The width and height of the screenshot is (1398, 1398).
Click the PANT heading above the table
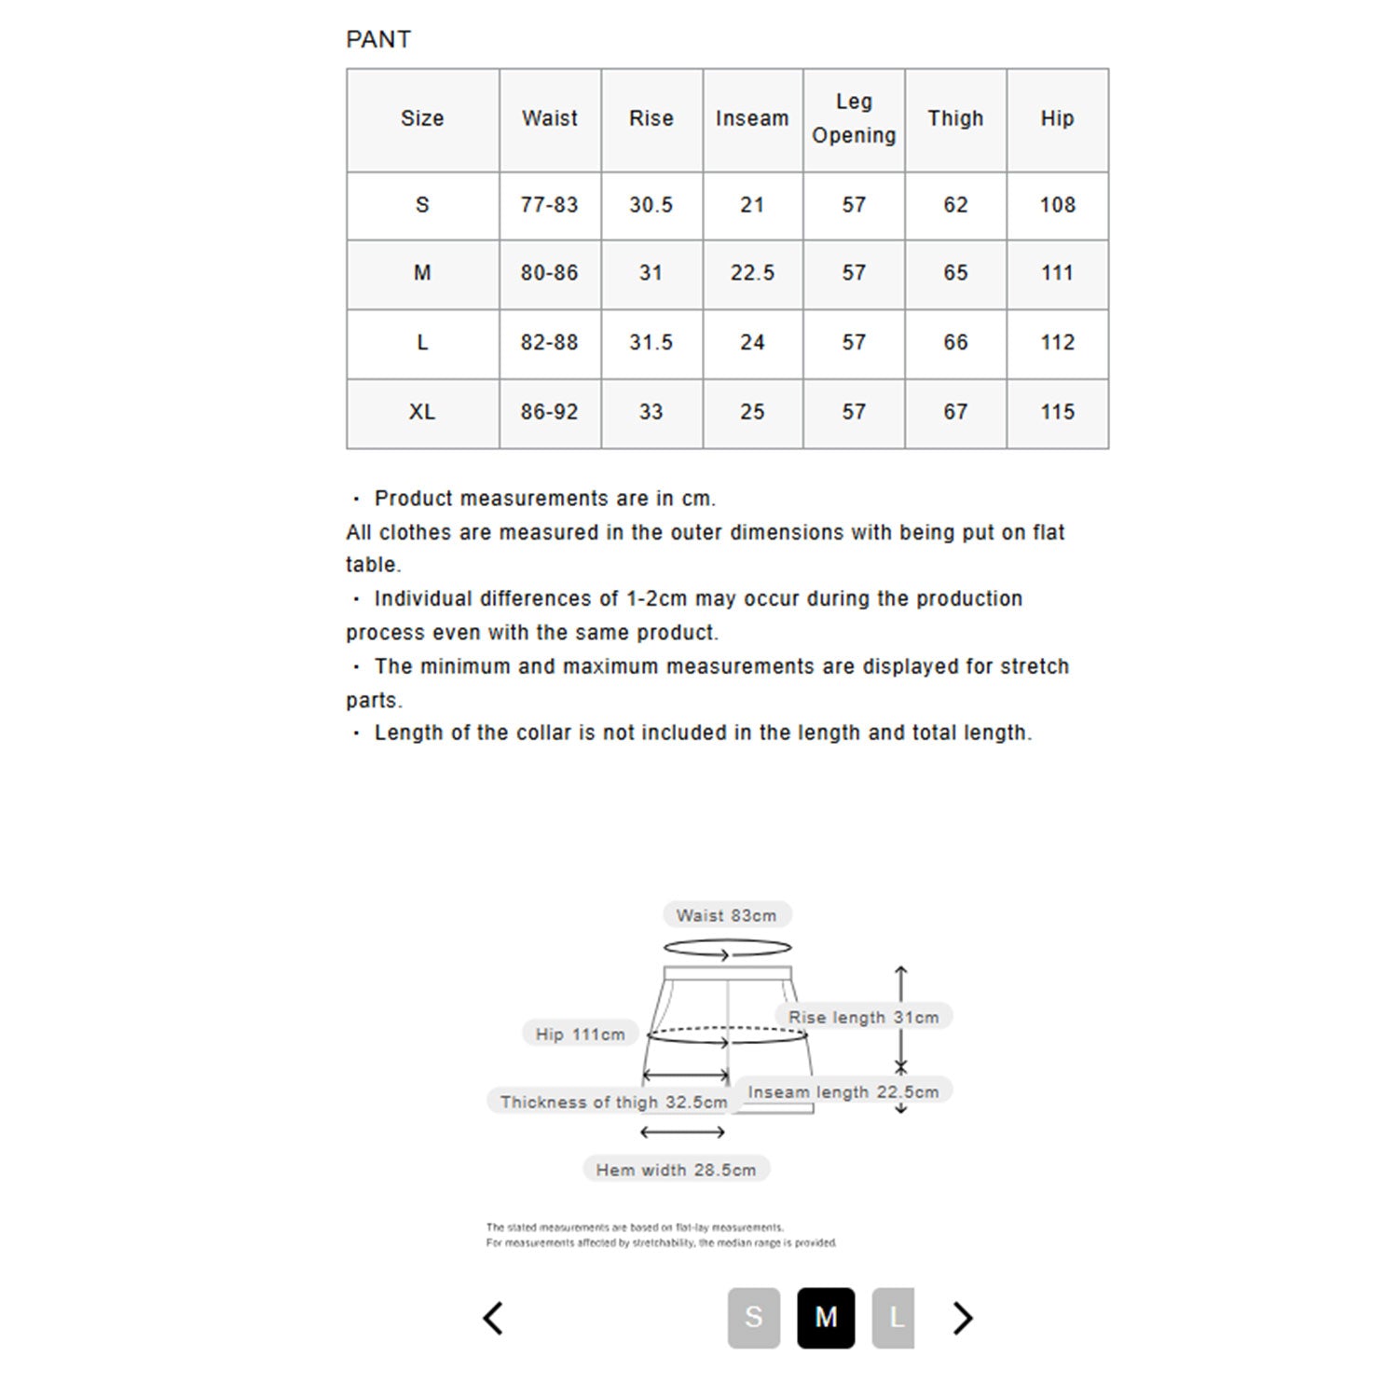(378, 39)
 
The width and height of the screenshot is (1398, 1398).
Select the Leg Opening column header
(854, 118)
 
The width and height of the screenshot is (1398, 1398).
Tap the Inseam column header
(752, 118)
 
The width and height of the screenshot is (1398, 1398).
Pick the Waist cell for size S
(549, 205)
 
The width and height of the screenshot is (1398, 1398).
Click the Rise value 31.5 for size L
(651, 343)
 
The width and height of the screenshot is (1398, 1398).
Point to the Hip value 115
(1057, 412)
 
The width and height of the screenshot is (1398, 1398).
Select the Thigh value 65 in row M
(955, 273)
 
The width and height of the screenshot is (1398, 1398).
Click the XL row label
(422, 412)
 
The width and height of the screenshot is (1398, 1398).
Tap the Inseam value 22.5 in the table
(752, 273)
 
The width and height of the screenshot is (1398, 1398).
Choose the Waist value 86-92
(549, 412)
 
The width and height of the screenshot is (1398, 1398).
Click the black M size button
(826, 1317)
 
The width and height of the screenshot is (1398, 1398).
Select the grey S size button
(753, 1317)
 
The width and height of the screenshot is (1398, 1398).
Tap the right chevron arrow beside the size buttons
(963, 1317)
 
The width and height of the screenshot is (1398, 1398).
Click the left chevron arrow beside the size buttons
(494, 1317)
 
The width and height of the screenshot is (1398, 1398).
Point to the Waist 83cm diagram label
(726, 915)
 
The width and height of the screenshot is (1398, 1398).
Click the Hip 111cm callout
(580, 1034)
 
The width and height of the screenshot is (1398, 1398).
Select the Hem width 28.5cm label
(676, 1170)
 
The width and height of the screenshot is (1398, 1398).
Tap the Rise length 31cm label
(863, 1017)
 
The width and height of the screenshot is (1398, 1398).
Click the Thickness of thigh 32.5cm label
(613, 1102)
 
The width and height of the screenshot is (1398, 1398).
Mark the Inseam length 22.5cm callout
(843, 1091)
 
